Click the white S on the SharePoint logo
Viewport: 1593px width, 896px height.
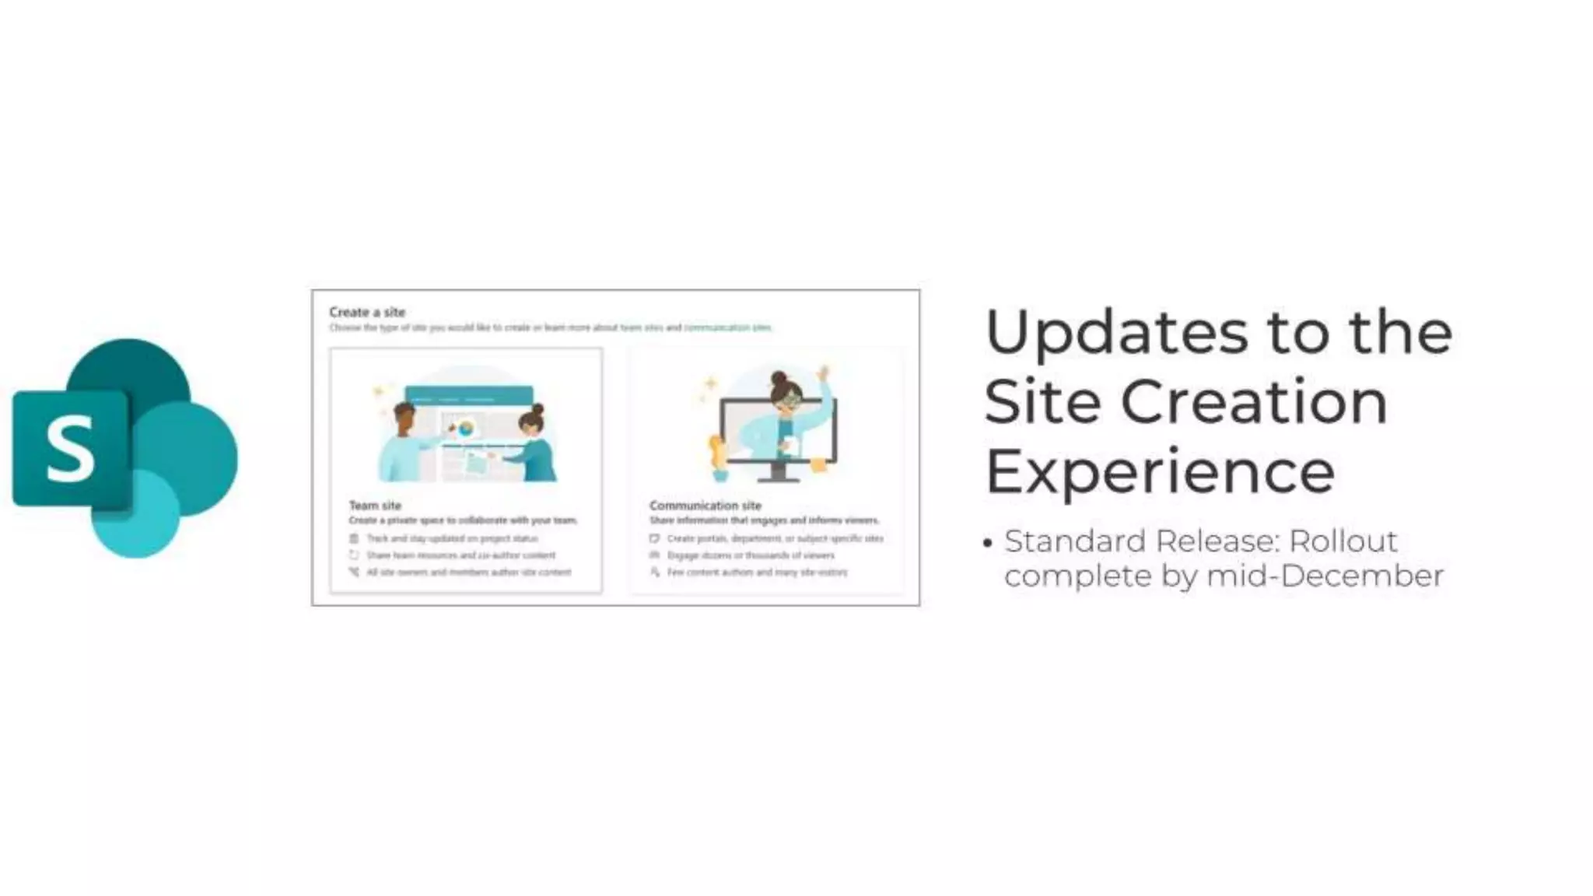click(70, 449)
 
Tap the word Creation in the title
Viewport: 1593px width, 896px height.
click(1254, 402)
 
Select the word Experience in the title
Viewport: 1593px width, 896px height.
click(1160, 472)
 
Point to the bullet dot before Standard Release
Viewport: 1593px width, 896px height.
click(988, 544)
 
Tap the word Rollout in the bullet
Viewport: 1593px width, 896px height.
click(1343, 541)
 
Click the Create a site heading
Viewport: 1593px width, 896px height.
click(367, 312)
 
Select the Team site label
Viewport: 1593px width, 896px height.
click(375, 506)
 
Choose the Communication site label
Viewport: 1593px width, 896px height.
click(705, 506)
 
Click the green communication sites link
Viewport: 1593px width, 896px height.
click(727, 327)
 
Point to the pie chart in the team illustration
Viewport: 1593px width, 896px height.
click(466, 427)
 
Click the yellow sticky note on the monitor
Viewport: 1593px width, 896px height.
click(819, 465)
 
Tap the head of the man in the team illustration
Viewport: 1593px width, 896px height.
click(404, 416)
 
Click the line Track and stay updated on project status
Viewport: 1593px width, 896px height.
click(452, 538)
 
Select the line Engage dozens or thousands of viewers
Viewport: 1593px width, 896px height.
click(751, 555)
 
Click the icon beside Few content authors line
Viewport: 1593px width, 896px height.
click(655, 572)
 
